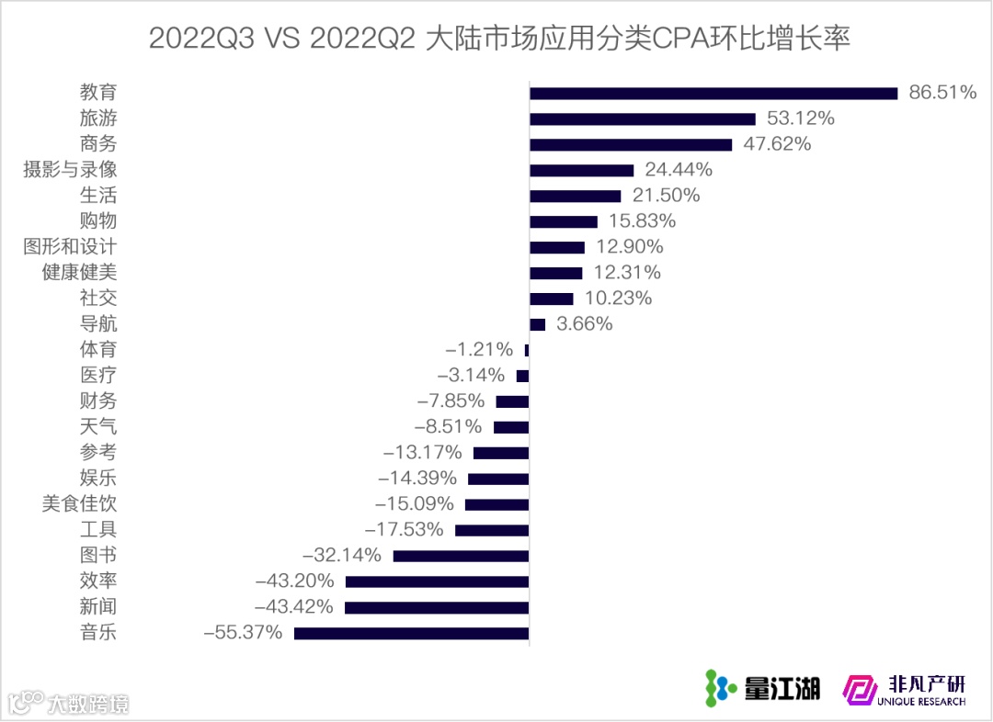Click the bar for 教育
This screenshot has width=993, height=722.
pos(713,93)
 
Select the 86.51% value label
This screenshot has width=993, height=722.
pos(942,93)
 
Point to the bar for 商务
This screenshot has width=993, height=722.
pos(631,144)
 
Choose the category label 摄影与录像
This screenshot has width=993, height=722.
pos(70,170)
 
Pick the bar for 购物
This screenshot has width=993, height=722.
pos(564,221)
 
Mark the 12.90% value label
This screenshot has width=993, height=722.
pos(630,247)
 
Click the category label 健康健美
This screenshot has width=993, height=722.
pos(79,273)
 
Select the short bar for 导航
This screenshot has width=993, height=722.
pos(538,324)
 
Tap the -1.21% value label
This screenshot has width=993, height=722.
pos(479,350)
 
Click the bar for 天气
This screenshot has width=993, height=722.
pos(511,427)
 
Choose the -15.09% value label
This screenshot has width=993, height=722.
pos(415,504)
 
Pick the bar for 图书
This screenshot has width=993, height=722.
pos(461,556)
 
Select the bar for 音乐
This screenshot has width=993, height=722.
pos(411,633)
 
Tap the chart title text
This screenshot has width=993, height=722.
pos(497,39)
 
